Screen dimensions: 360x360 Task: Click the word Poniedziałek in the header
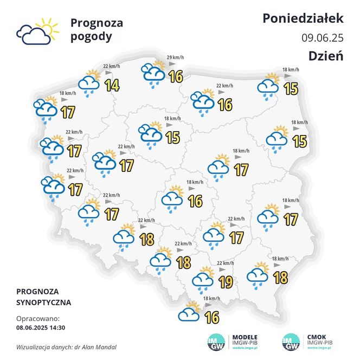303,18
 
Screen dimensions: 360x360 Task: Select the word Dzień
326,56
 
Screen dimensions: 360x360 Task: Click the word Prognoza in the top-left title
97,23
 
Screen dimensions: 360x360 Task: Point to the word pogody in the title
91,37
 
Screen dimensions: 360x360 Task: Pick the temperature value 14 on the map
112,85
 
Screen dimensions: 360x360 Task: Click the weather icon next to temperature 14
89,82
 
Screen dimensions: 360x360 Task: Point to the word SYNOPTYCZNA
43,302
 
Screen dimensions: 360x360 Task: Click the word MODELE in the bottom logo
245,336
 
